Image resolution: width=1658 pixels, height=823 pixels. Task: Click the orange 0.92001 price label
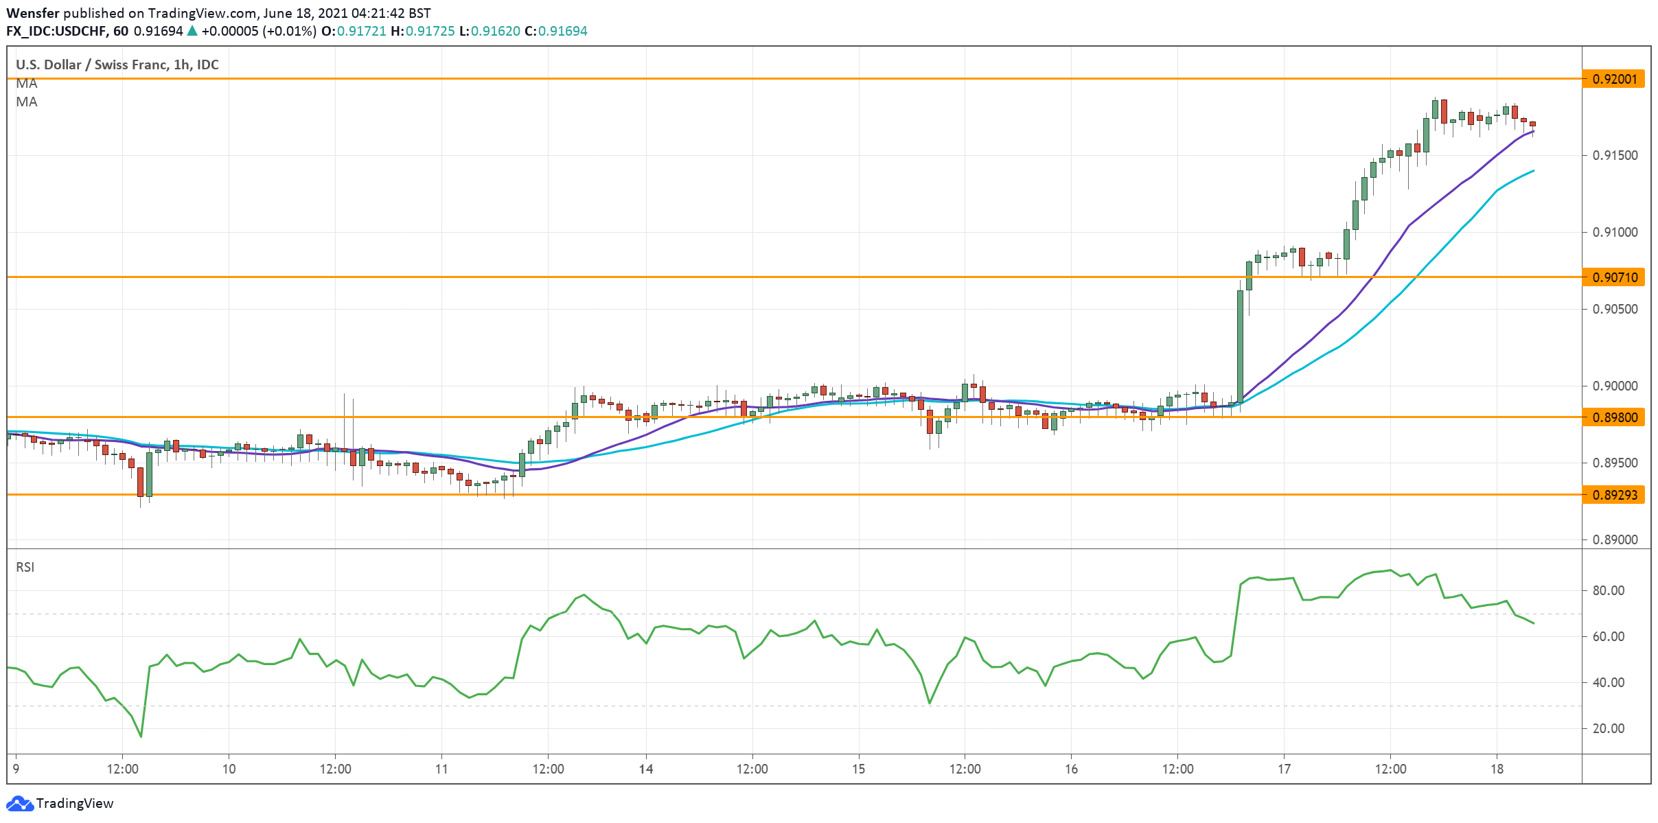(x=1613, y=79)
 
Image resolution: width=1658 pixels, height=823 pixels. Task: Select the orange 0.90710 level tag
(x=1613, y=277)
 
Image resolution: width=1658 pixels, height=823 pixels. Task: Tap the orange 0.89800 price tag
(x=1613, y=417)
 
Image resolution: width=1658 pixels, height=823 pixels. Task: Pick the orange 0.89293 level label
(x=1613, y=495)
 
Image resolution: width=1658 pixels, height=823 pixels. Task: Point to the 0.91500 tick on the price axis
(x=1615, y=156)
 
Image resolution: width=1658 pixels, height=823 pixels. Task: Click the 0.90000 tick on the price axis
(x=1615, y=386)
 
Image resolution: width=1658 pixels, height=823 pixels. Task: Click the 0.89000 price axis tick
(x=1615, y=540)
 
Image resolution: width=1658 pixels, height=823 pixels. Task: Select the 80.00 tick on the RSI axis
(x=1608, y=591)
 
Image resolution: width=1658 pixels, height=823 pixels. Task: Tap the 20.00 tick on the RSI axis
(x=1608, y=729)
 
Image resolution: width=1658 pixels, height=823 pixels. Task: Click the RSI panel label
(x=25, y=568)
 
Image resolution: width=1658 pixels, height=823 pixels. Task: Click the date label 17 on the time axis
(x=1284, y=769)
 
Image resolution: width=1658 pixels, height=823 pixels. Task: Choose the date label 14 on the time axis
(x=646, y=769)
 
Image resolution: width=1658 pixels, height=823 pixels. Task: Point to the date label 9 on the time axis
(x=16, y=769)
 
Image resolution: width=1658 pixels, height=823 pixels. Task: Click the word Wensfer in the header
(x=33, y=13)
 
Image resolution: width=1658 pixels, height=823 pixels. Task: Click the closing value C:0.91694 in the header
(x=555, y=31)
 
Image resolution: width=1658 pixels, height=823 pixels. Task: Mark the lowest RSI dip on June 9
(x=141, y=737)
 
